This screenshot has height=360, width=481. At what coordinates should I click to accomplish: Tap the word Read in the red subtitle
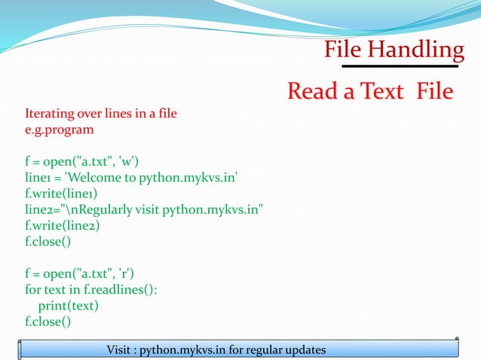(x=313, y=92)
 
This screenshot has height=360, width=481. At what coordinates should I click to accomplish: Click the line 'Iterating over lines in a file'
(x=102, y=114)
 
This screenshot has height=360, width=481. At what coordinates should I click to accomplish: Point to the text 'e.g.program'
(x=60, y=130)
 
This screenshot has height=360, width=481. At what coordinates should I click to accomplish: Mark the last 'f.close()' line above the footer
(x=48, y=322)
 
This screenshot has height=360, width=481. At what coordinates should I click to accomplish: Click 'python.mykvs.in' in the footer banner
(x=189, y=350)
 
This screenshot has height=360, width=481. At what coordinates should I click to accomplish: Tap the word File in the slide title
(x=344, y=50)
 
